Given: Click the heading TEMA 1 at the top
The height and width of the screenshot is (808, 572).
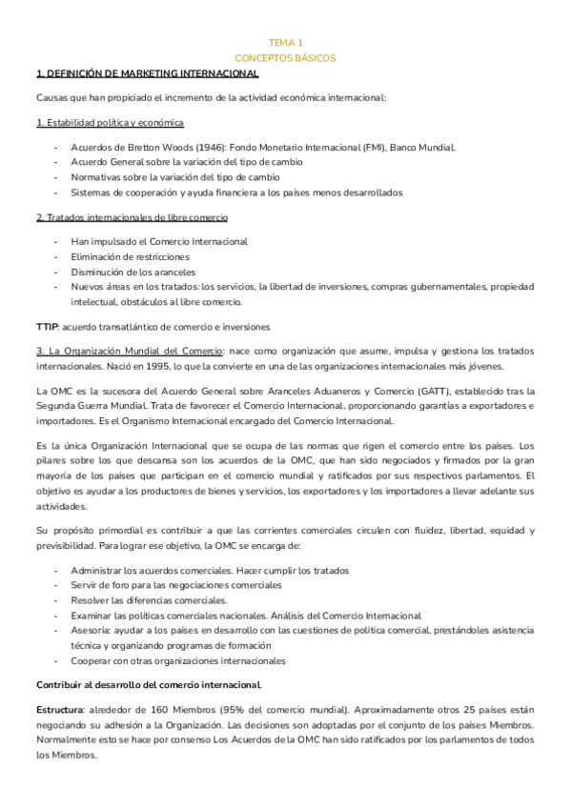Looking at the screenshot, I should coord(285,43).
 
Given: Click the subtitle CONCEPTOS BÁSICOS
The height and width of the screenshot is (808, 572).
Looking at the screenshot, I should coord(285,58).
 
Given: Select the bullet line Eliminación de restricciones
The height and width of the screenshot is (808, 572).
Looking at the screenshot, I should coord(130,257).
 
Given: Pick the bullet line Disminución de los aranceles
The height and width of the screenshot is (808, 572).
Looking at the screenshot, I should coord(133,272).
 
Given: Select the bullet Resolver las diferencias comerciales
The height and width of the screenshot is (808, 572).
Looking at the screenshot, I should coord(149,600).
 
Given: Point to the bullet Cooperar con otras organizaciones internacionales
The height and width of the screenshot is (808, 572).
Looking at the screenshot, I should coord(177,661).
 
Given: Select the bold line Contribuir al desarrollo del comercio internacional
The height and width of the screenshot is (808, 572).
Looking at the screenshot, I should coord(148,685).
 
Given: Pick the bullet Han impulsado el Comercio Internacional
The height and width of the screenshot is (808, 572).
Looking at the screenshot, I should coord(158,242).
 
